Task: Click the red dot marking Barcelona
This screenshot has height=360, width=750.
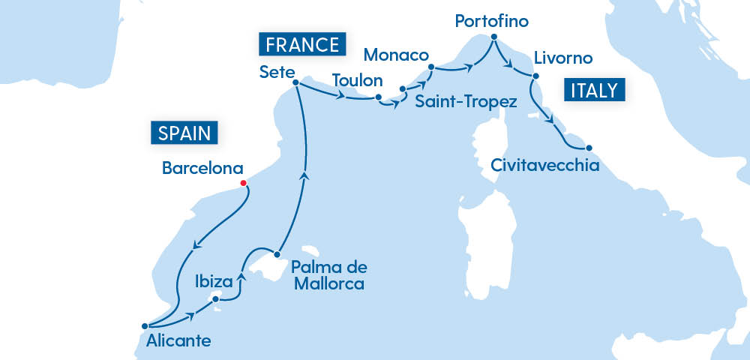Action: (x=243, y=183)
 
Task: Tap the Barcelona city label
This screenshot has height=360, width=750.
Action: (x=203, y=169)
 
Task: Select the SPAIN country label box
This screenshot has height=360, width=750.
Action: (x=184, y=133)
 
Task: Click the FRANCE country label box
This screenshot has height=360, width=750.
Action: (x=301, y=43)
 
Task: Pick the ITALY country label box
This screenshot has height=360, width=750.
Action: (x=593, y=91)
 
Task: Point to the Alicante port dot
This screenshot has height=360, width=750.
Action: (x=145, y=325)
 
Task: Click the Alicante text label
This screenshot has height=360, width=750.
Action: (x=179, y=341)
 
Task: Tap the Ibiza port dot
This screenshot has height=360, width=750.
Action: (x=216, y=299)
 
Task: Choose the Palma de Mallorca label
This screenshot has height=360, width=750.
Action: (x=329, y=275)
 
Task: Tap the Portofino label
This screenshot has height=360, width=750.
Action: (x=491, y=21)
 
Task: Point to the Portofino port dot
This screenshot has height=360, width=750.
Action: (x=494, y=37)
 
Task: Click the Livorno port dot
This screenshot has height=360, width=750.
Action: (x=535, y=76)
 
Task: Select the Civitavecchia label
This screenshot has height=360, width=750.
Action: (x=545, y=164)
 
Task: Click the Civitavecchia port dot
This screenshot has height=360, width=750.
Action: (x=589, y=148)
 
